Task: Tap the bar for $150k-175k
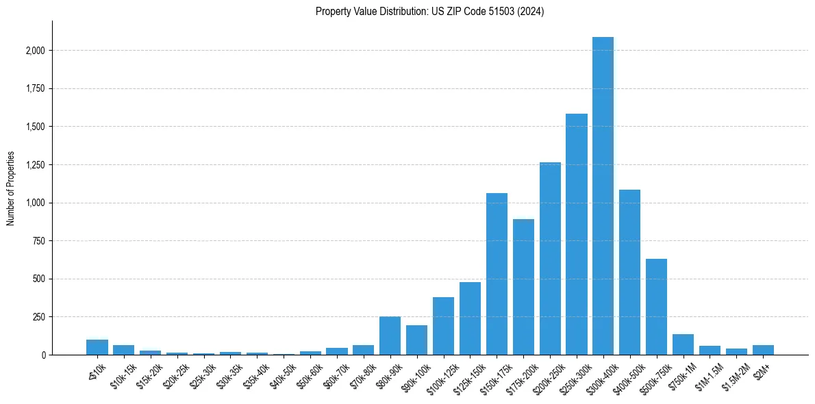(x=497, y=274)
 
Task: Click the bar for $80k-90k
(x=390, y=336)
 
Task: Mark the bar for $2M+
(x=763, y=350)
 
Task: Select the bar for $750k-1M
(x=683, y=344)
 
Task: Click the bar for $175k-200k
(x=523, y=287)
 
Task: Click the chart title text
(x=429, y=12)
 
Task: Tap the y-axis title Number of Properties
(x=11, y=188)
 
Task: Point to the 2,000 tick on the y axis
(x=36, y=51)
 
